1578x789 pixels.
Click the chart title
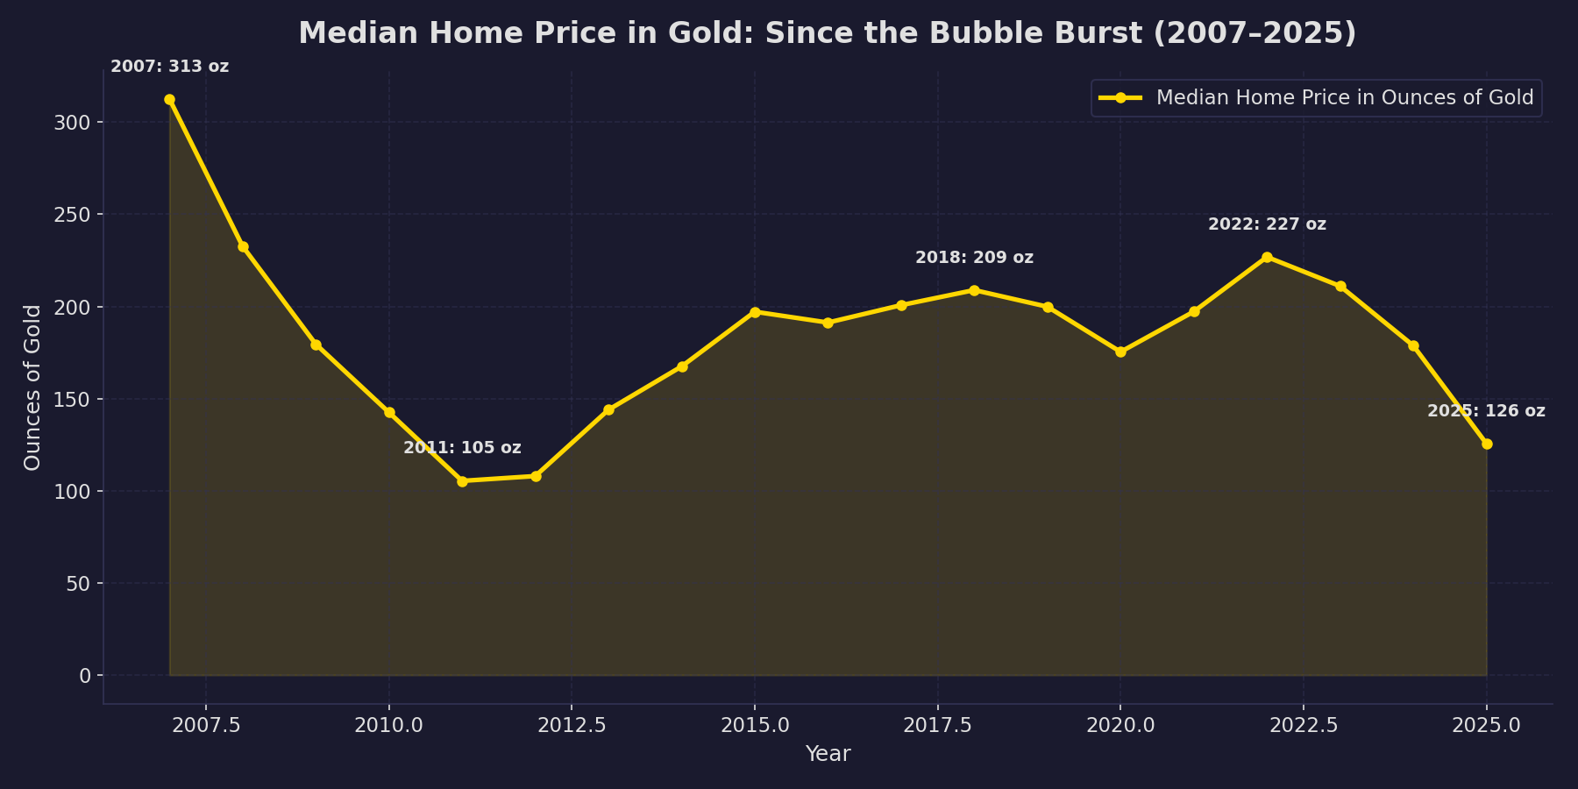(827, 33)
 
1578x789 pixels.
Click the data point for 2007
(169, 100)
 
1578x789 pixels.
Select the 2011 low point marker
(462, 481)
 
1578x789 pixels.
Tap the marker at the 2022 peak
(1267, 257)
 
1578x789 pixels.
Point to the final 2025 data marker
(1487, 444)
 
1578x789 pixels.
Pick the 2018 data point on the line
(974, 290)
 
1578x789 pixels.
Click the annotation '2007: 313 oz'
(169, 67)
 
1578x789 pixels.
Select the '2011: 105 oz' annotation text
(462, 448)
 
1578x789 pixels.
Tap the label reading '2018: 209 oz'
(974, 258)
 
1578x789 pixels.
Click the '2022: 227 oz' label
(1267, 224)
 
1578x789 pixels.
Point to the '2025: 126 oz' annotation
(1486, 411)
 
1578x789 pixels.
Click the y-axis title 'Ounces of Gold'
(32, 387)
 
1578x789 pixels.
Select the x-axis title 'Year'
(828, 754)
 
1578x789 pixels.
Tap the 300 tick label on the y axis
(72, 122)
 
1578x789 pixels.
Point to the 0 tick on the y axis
(85, 676)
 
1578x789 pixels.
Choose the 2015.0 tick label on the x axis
(754, 726)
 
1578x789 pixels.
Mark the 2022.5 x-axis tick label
(1303, 726)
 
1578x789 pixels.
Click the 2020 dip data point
(1120, 352)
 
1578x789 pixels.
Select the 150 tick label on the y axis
(72, 399)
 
